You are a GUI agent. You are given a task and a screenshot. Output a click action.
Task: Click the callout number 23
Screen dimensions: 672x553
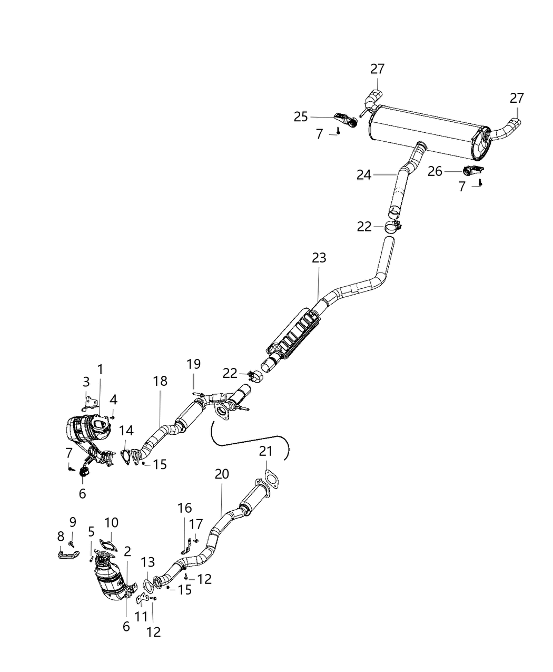pos(319,258)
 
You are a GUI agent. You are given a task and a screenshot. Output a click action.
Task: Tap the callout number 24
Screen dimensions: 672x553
pos(363,174)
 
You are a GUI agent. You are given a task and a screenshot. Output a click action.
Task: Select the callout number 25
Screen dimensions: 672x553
pos(301,116)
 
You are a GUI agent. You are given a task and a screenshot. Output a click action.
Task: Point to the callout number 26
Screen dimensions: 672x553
pos(435,171)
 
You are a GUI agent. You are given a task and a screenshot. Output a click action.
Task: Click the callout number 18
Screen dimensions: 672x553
pos(160,381)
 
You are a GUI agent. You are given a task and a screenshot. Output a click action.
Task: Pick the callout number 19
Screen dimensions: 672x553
pos(193,364)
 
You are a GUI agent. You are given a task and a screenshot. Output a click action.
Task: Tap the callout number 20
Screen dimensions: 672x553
pos(222,474)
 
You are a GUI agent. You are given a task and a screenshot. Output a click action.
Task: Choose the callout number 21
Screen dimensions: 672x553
pos(266,452)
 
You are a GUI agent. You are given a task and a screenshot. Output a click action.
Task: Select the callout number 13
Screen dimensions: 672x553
pos(148,562)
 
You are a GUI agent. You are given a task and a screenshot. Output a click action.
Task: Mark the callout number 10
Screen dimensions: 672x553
pos(111,522)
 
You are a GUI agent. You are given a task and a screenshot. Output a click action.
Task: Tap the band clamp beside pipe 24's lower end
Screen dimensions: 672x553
pos(393,227)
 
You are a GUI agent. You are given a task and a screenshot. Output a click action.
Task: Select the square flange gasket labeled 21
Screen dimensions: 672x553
pos(270,480)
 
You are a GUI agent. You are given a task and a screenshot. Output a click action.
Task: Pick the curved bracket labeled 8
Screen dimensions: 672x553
pos(68,554)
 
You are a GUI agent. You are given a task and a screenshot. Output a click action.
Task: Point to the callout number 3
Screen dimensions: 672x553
pos(86,382)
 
